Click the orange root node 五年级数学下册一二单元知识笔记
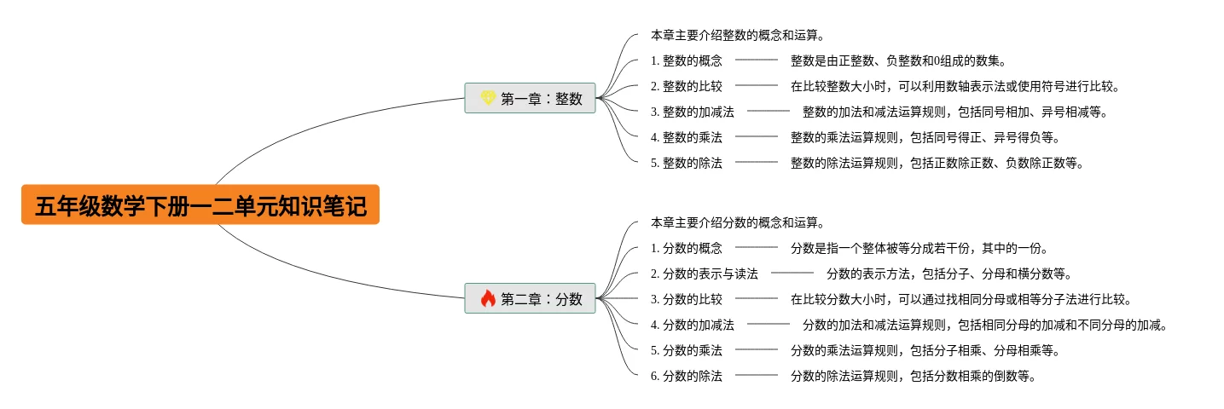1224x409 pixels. [x=200, y=205]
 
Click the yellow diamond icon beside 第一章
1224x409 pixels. [x=488, y=98]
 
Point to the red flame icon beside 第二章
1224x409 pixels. [x=488, y=298]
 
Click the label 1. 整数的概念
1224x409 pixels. [x=686, y=60]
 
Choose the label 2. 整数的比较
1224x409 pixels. [x=686, y=85]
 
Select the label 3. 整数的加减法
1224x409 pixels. [x=692, y=111]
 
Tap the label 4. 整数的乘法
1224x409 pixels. [x=686, y=136]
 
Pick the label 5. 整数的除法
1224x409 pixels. [x=686, y=163]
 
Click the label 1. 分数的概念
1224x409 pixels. [x=686, y=248]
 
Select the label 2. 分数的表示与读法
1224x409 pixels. [x=704, y=274]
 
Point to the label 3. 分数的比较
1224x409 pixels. [x=686, y=299]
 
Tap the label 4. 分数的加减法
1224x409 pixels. [x=692, y=325]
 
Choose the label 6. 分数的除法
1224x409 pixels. [x=686, y=376]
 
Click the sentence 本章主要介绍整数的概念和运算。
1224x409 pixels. [x=738, y=35]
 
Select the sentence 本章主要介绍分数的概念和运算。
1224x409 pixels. [x=738, y=222]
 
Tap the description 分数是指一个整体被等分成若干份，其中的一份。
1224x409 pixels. [x=919, y=248]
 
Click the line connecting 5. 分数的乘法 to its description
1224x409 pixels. [x=757, y=349]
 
